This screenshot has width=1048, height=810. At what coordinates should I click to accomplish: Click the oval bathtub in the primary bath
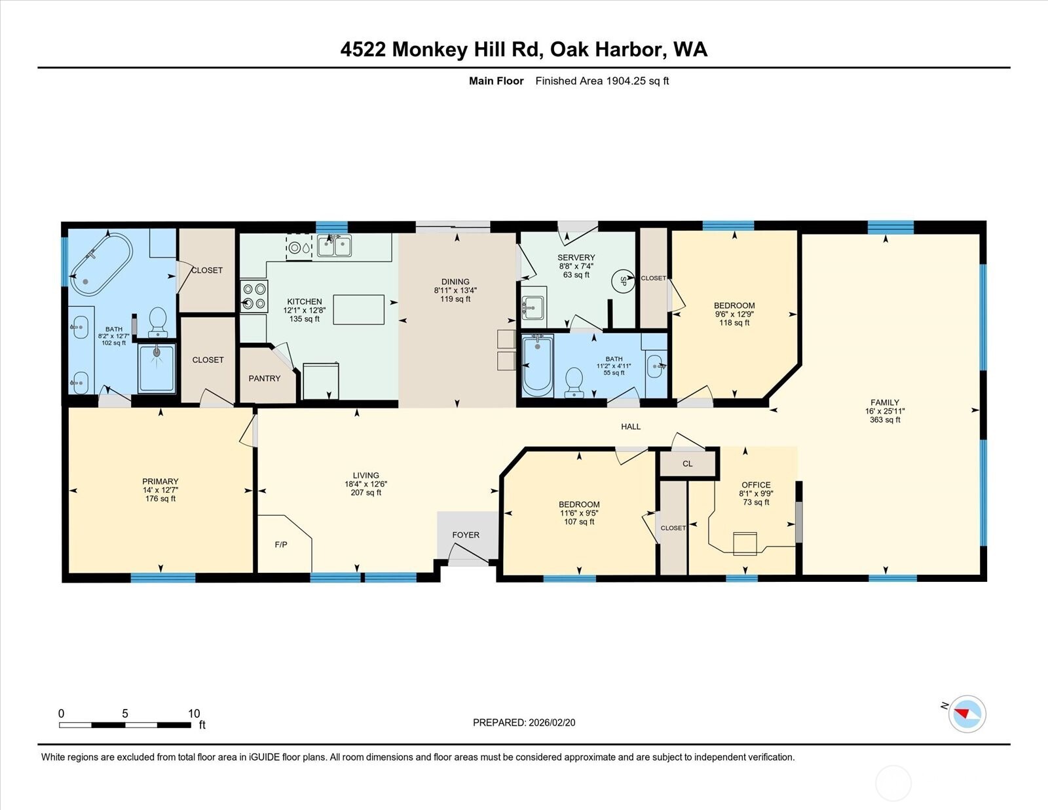(102, 264)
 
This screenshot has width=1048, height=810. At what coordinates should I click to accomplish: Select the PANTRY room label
(264, 378)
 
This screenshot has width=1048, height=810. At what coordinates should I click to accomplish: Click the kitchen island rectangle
(358, 310)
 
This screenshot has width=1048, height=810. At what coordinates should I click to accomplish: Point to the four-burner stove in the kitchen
(254, 296)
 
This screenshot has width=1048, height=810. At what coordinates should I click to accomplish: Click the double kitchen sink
(334, 246)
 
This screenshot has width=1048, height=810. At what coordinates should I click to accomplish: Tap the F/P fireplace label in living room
(281, 545)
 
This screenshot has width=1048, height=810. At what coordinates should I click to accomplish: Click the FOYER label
(466, 535)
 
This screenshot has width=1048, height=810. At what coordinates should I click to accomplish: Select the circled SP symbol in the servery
(622, 281)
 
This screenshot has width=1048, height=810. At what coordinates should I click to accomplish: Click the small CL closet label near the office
(687, 463)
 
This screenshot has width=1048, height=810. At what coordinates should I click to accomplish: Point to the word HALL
(631, 427)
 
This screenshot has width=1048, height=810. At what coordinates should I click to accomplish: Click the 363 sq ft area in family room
(885, 420)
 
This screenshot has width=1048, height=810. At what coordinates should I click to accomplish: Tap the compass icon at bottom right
(966, 714)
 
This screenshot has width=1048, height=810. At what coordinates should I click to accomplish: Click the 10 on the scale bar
(194, 714)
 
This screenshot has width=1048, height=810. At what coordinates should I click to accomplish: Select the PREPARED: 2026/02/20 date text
(524, 722)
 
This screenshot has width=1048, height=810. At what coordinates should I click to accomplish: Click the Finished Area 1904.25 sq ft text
(602, 81)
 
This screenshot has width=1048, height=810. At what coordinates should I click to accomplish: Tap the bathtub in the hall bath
(538, 365)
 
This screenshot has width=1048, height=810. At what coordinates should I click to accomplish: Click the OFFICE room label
(756, 485)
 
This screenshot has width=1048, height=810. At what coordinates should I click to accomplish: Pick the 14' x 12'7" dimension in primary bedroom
(160, 490)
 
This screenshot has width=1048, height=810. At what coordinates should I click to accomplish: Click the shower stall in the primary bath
(157, 368)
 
